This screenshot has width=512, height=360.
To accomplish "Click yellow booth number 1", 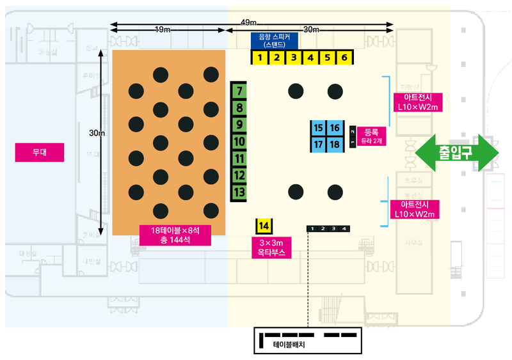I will coord(259,58).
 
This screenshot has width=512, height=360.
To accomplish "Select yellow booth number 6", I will coord(344,58).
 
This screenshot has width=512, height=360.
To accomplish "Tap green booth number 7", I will coord(239,91).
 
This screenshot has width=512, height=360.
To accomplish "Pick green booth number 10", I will coord(239,141).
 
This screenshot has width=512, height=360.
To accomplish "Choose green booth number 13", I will coord(239,192).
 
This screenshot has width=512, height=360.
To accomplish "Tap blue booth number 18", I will coord(335,145).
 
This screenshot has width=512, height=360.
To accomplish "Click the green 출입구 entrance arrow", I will coord(456,152).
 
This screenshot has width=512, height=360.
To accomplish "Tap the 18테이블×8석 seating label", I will coord(171,235).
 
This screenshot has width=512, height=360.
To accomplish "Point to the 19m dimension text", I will coord(163,30).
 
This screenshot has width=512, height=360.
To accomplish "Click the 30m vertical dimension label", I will coord(97,133).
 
